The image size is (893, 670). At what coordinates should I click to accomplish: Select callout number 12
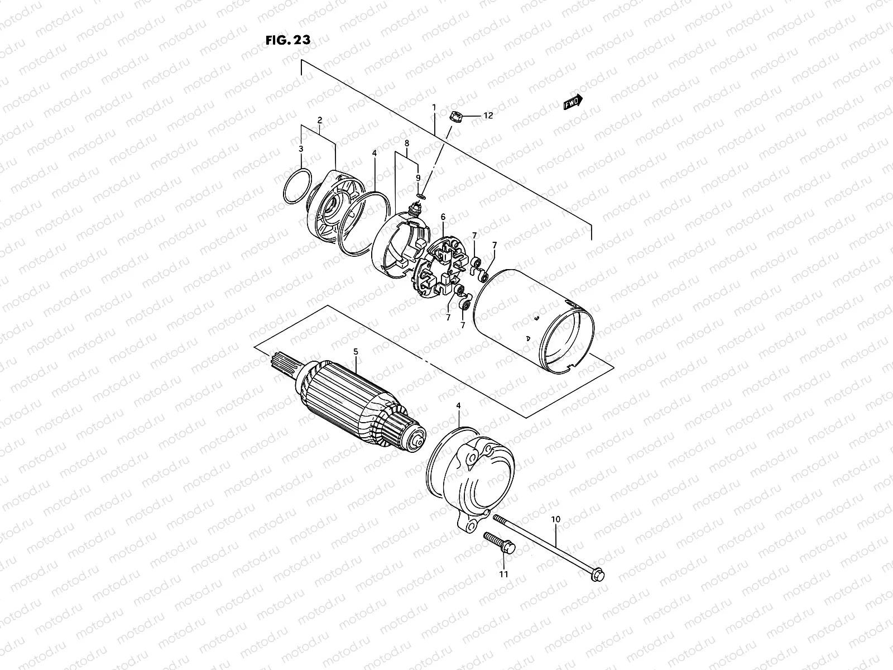coord(488,116)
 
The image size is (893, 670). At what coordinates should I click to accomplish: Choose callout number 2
coord(320,120)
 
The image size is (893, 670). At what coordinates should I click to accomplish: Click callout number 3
coord(301,149)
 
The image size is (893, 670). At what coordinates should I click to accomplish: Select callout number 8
coord(407,143)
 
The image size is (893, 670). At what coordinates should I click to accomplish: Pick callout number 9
coord(417,178)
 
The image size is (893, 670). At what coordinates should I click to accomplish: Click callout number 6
coord(443,217)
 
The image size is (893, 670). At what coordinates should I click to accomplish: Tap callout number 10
coord(555,519)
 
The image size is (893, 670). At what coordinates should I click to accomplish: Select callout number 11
coord(503,573)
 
